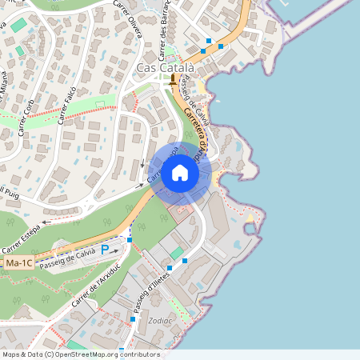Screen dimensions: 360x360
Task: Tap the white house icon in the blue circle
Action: (x=180, y=172)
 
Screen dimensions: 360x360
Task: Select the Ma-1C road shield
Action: (x=18, y=262)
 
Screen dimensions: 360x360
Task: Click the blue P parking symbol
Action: (x=105, y=250)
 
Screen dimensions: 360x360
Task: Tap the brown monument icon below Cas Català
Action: (x=174, y=82)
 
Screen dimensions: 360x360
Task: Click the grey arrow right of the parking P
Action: (x=118, y=250)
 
